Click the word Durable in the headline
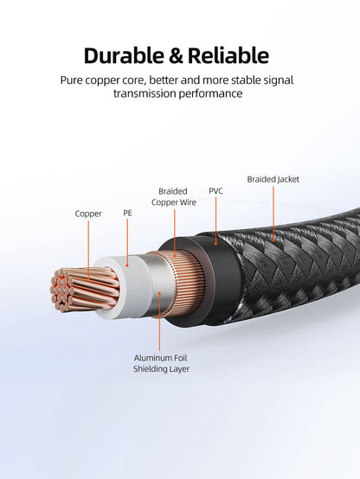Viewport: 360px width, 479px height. [124, 55]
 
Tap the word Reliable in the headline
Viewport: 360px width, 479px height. [228, 55]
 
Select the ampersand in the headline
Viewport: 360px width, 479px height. [176, 56]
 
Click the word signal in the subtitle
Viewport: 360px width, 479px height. [277, 80]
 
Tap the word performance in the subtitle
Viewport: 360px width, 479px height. [211, 93]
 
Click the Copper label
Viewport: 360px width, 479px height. [88, 214]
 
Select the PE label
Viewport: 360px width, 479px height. [127, 213]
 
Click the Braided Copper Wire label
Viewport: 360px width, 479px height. [173, 197]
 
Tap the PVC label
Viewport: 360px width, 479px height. [215, 191]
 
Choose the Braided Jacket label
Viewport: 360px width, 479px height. [273, 179]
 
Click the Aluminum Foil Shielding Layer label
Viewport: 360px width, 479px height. [161, 363]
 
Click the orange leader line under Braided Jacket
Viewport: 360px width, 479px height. [273, 214]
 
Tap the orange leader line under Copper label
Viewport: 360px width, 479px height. [88, 250]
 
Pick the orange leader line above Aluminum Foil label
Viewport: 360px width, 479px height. [159, 322]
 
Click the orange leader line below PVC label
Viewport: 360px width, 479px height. [215, 220]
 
